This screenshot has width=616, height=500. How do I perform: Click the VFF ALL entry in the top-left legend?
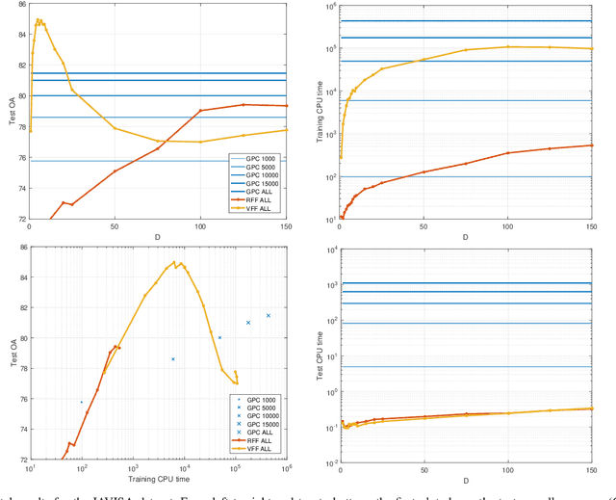click(x=260, y=211)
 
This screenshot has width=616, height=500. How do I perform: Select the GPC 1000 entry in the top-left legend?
click(x=260, y=158)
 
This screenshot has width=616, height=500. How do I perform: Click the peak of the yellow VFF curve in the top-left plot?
click(x=38, y=20)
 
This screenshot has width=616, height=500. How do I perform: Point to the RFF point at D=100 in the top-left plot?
click(x=200, y=111)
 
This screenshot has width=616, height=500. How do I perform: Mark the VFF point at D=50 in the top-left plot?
click(x=115, y=128)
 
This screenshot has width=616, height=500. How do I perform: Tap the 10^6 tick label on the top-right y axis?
click(x=328, y=8)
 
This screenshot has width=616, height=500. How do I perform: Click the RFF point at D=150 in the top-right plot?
click(x=592, y=145)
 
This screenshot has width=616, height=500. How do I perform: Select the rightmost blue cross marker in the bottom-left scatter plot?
click(x=269, y=315)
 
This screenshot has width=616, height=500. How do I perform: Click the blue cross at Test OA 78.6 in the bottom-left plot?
click(x=173, y=359)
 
